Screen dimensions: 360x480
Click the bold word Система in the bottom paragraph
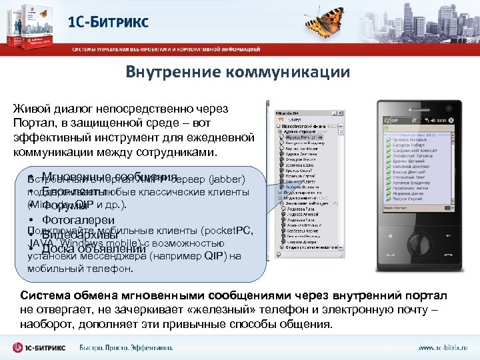pos(46,296)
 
